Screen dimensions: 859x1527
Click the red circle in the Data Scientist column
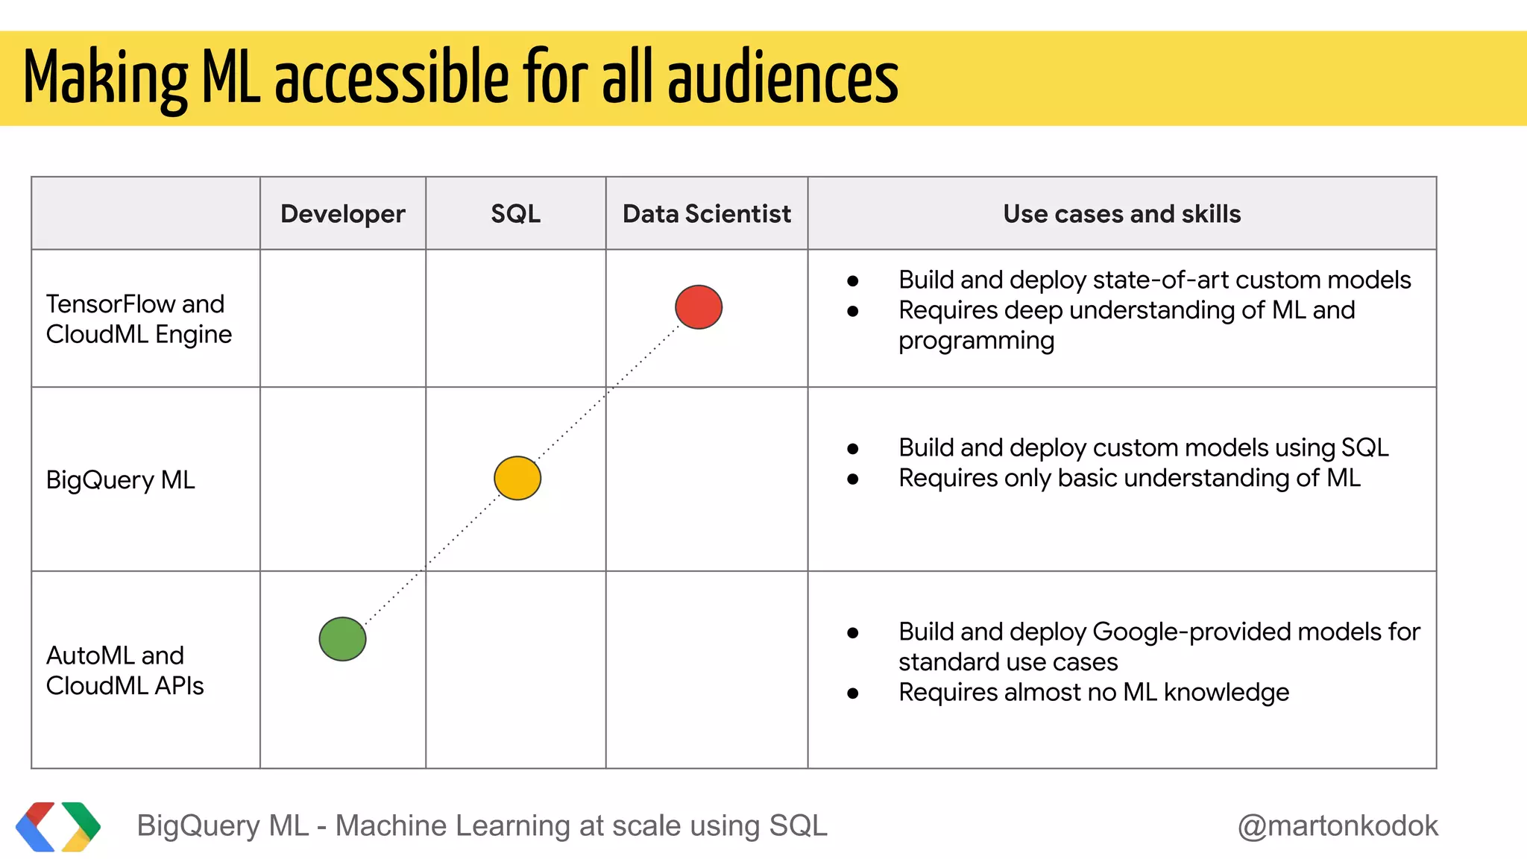[x=699, y=307]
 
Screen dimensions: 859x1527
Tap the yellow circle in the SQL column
[x=517, y=478]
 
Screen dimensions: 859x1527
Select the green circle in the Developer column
[x=342, y=639]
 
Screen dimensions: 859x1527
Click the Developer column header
[x=342, y=214]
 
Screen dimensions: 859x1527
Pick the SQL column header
[x=515, y=214]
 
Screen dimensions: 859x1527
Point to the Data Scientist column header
[x=706, y=214]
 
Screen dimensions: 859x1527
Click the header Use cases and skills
[x=1121, y=214]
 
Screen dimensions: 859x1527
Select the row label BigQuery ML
[x=120, y=480]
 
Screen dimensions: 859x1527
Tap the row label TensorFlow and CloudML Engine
[x=139, y=319]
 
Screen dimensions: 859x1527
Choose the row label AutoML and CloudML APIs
[x=125, y=670]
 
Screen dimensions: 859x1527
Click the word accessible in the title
[x=392, y=78]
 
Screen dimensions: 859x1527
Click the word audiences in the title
[x=783, y=78]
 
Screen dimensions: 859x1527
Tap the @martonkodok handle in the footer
[x=1338, y=826]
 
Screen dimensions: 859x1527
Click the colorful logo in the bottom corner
[x=58, y=826]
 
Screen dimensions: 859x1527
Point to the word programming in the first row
[x=976, y=341]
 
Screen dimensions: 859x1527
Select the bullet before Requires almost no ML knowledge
[x=853, y=693]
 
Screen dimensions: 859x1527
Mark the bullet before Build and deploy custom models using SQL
[x=853, y=449]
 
